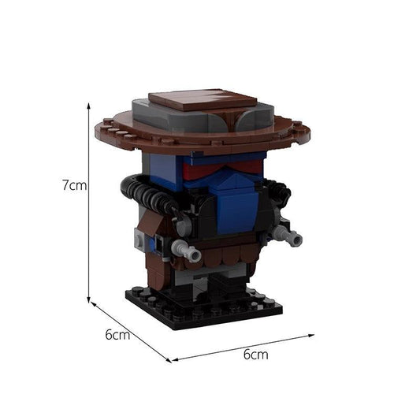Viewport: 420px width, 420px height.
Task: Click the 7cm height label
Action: tap(75, 185)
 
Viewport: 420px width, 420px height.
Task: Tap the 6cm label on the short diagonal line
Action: tap(117, 335)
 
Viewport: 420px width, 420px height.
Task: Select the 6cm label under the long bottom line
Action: tap(256, 355)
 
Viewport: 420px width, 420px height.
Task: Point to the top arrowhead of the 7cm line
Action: tap(89, 105)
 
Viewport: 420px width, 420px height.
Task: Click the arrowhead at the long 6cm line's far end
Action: tap(311, 336)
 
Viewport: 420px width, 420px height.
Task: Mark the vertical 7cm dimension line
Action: tap(89, 203)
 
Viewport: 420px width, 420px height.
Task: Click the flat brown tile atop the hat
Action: tap(203, 99)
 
